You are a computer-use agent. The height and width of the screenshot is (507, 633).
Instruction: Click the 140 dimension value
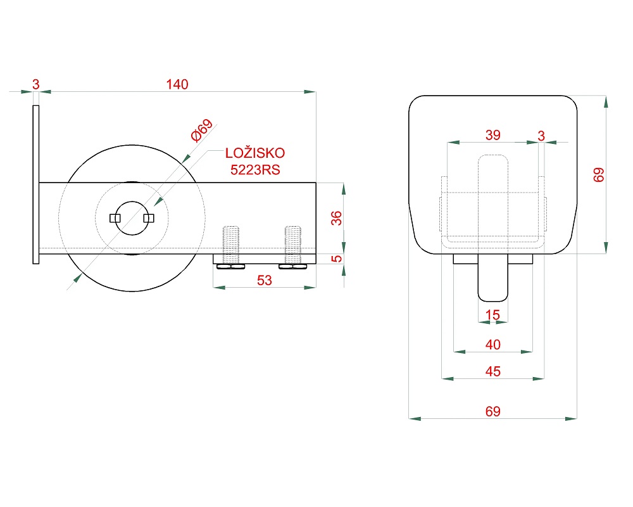[177, 84]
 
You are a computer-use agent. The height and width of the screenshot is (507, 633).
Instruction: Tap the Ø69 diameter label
[201, 130]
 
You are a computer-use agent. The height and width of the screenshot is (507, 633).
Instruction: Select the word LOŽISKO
[254, 153]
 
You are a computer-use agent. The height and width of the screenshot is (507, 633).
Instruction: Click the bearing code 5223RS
[255, 170]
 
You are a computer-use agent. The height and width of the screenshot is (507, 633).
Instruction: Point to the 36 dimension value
[336, 218]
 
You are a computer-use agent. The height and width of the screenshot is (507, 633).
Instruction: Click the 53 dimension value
[265, 280]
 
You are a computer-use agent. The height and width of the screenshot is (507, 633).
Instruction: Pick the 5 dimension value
[336, 259]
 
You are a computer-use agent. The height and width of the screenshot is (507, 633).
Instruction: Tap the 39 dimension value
[493, 135]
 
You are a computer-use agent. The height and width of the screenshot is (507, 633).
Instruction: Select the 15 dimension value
[492, 314]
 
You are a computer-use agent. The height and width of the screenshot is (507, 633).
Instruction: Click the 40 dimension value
[493, 345]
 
